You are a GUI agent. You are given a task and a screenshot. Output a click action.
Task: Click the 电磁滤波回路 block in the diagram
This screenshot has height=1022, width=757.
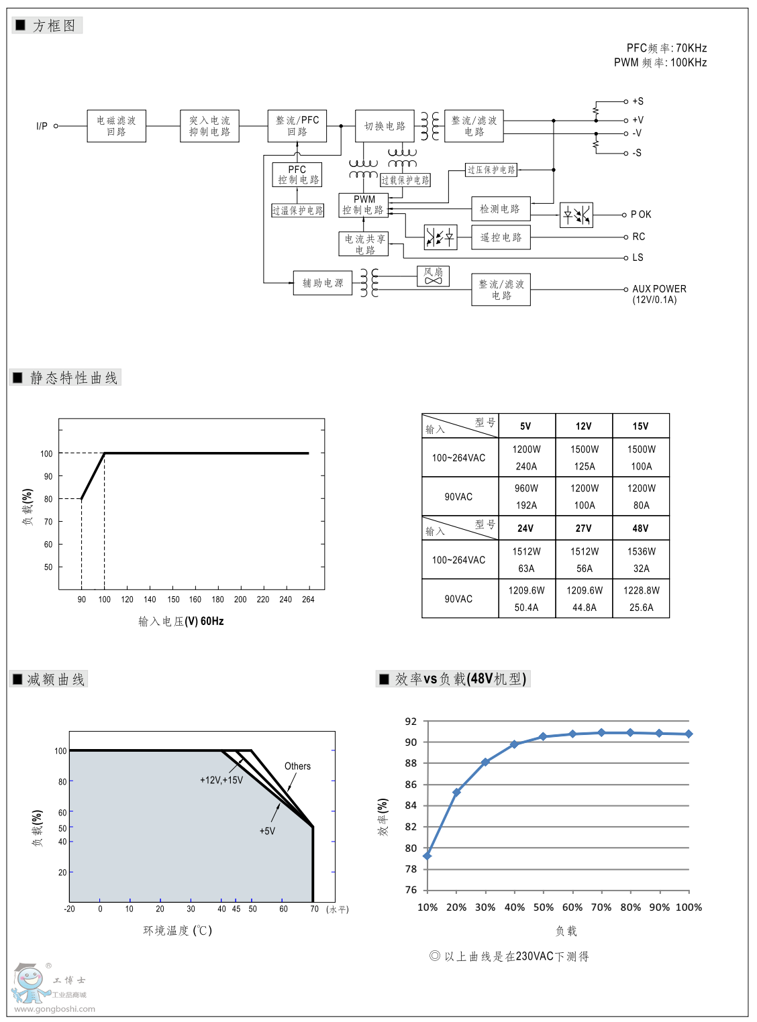(x=116, y=126)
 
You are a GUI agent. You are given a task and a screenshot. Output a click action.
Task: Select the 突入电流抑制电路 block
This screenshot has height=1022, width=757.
(x=209, y=126)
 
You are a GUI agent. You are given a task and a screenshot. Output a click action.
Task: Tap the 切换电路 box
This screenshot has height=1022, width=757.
(x=385, y=126)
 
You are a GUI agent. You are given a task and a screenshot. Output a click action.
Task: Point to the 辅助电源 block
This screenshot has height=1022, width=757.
(x=323, y=283)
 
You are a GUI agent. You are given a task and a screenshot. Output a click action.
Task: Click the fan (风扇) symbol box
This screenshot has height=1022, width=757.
(x=434, y=276)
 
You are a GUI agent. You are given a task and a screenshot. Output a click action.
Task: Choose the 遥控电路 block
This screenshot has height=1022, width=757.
(x=501, y=237)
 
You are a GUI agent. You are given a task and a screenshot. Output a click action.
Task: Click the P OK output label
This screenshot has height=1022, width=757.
(x=641, y=215)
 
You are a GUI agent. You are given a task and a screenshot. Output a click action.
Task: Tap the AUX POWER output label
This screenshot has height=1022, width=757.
(x=659, y=289)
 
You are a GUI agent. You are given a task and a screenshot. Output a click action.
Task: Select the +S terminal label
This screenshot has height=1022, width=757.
(x=638, y=101)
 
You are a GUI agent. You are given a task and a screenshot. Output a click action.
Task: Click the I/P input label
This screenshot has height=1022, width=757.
(x=42, y=126)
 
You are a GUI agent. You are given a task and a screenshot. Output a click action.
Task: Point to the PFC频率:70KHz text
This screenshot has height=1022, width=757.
(x=666, y=48)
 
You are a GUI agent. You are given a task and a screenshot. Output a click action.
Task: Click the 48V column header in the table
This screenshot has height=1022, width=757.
(x=641, y=528)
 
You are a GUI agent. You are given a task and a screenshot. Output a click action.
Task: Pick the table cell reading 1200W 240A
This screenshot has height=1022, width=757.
(x=527, y=458)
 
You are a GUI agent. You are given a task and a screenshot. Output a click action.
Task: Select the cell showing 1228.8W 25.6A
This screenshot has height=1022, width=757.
(x=641, y=599)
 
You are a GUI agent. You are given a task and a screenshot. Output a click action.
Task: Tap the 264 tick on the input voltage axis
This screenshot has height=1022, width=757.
(x=308, y=600)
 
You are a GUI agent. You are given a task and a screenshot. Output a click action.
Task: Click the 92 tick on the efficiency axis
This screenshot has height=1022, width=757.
(x=411, y=722)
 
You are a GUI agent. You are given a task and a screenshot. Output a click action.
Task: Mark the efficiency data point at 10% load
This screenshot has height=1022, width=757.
(x=427, y=856)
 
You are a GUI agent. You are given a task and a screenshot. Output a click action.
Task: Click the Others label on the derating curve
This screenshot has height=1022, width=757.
(x=297, y=766)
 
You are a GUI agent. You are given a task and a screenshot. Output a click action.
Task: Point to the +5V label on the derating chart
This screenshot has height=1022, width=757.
(x=267, y=831)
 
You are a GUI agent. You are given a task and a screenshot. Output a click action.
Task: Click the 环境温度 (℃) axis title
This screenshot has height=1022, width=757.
(x=177, y=930)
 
